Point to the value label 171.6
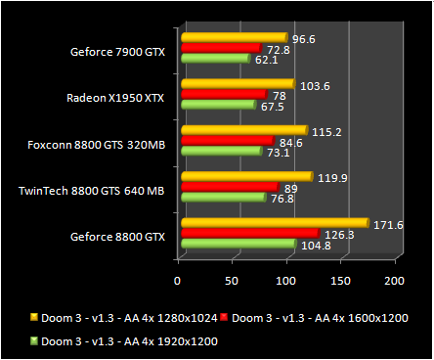pos(389,226)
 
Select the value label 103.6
pos(311,86)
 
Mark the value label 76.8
pos(282,199)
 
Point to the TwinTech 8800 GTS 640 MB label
pos(92,190)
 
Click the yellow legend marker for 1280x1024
pos(33,317)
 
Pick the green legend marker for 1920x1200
pos(33,340)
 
